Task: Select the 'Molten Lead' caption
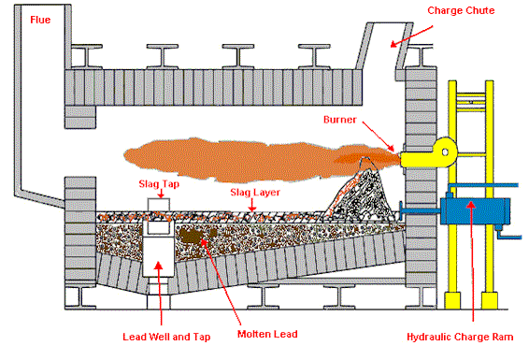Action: tap(259, 333)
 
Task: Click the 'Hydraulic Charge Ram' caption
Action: tap(465, 333)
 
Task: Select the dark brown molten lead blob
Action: tap(196, 239)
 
